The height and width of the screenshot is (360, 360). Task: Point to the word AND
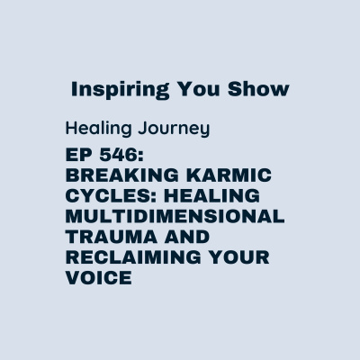[x=188, y=238]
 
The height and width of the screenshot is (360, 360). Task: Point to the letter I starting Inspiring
[x=75, y=91]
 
